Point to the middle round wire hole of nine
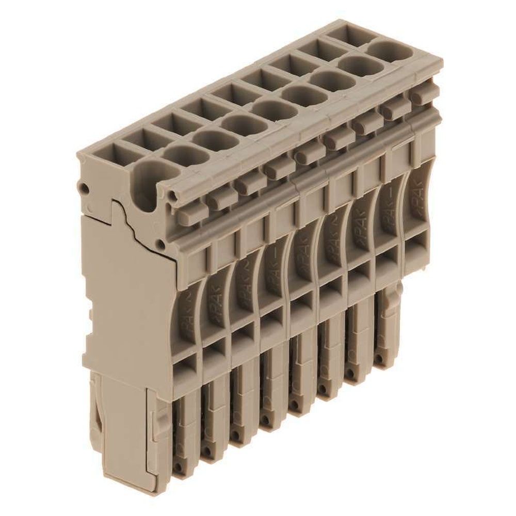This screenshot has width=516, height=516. (270, 108)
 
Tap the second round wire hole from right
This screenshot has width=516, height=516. (357, 64)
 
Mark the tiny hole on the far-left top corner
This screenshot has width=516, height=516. (82, 187)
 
